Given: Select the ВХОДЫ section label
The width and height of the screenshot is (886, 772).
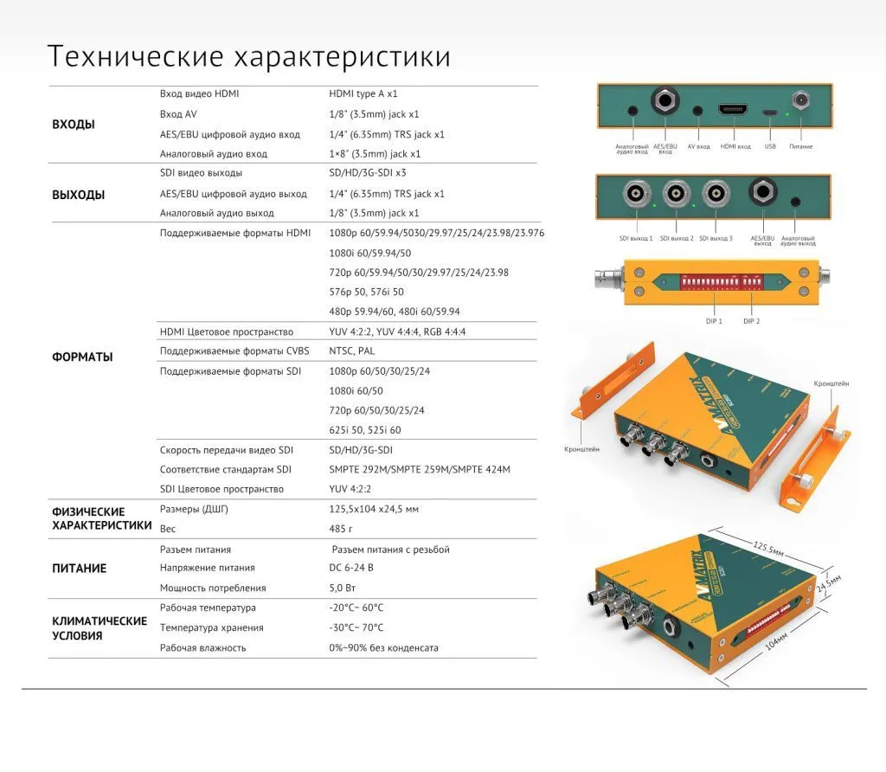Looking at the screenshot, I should [74, 125].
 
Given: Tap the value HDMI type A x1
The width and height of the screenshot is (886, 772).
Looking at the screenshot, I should [363, 93].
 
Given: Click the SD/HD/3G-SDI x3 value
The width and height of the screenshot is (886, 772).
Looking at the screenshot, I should [368, 173].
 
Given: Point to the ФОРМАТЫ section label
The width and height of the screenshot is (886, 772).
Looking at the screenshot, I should [82, 357].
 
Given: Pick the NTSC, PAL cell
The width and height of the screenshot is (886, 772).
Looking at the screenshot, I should [352, 351].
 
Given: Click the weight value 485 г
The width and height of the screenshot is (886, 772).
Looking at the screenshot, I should [341, 528].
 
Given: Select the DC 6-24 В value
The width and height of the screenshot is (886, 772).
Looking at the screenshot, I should [351, 568].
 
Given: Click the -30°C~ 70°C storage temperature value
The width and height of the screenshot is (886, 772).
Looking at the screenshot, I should [356, 627].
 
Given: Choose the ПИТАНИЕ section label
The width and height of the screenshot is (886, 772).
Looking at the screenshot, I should [80, 569].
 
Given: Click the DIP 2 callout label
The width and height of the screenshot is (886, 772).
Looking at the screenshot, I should [751, 321].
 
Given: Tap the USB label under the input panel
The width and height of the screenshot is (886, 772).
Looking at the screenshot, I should [770, 146].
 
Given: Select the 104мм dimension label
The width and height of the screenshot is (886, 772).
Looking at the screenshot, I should [777, 646].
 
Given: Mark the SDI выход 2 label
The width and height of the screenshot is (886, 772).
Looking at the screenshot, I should [676, 238].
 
